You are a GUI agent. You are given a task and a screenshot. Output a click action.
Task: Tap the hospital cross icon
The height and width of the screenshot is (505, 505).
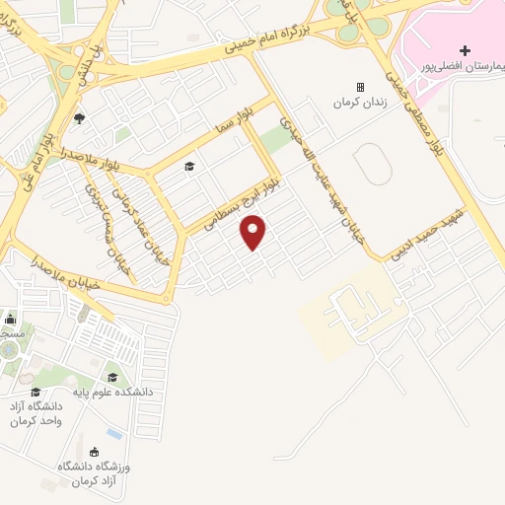pos(466,50)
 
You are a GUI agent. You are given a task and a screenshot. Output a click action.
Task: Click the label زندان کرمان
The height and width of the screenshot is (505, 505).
pos(357,103)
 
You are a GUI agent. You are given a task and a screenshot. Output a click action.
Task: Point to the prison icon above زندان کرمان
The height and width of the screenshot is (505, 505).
pos(359,87)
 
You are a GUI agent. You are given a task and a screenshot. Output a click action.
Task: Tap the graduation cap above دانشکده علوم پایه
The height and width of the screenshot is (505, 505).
pos(111,378)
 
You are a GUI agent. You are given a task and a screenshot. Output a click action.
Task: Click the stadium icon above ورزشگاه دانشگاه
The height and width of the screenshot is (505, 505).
pos(94,450)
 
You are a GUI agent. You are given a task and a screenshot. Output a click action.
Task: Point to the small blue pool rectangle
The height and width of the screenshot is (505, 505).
pos(115,434)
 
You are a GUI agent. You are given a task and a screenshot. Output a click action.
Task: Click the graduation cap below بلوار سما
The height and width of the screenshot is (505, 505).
pos(189,166)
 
